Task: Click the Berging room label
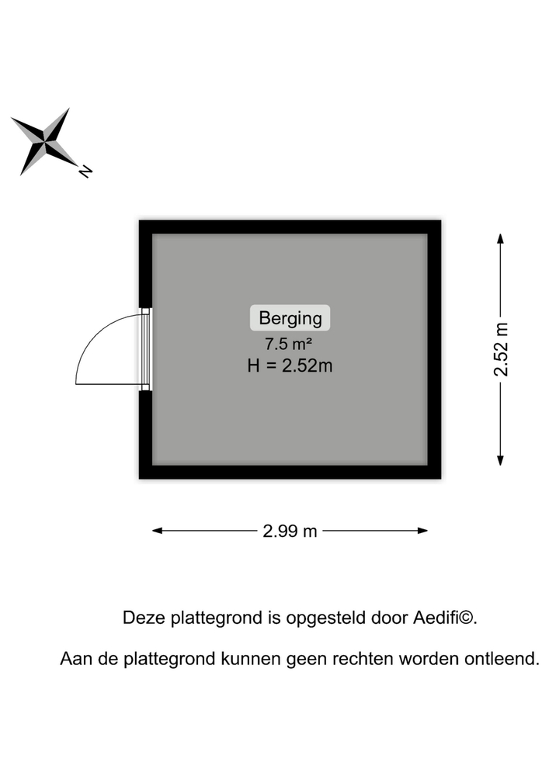click(290, 317)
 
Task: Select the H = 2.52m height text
click(290, 365)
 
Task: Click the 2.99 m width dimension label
click(290, 531)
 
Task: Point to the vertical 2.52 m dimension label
click(502, 349)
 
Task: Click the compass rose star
click(45, 141)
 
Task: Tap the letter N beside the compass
click(85, 171)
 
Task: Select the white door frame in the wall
click(145, 348)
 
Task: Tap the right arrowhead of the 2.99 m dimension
click(423, 531)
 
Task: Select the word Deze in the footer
click(140, 618)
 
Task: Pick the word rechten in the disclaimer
click(364, 660)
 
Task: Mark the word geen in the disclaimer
click(308, 660)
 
